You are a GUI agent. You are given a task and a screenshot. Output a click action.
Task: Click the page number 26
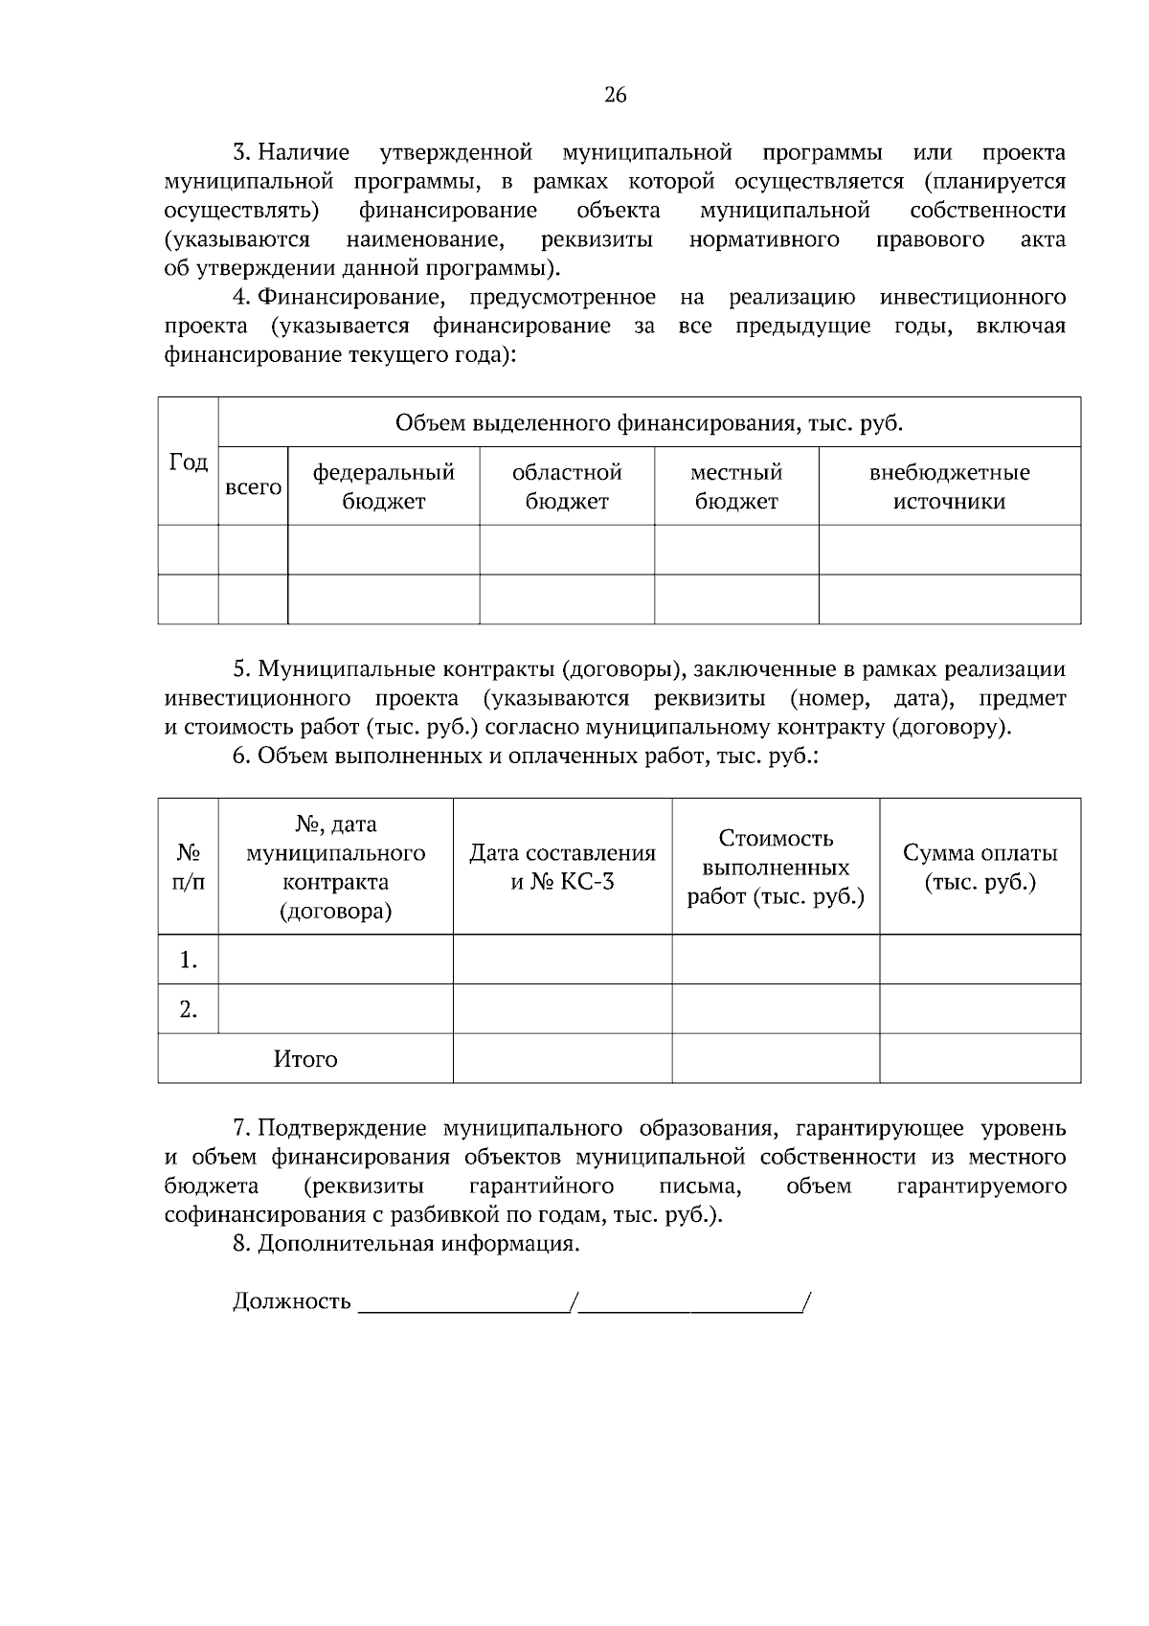pos(615,95)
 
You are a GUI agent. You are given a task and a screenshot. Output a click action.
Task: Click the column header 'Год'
pos(189,463)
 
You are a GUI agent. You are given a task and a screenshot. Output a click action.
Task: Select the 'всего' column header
pos(253,486)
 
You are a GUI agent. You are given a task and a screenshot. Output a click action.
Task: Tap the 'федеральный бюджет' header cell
pos(383,486)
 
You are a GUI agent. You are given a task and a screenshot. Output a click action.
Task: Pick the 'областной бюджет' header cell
pos(567,486)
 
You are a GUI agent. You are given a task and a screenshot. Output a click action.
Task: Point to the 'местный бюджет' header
pos(736,486)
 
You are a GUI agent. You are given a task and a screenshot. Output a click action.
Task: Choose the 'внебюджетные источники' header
pos(949,486)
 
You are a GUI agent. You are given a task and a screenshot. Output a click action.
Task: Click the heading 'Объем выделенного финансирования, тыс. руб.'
pos(649,423)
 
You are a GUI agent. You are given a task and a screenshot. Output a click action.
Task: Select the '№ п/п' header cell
pos(189,867)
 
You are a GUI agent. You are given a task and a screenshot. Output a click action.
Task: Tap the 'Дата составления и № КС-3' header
pos(562,867)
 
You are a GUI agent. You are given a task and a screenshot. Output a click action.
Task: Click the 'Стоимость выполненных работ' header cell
pos(776,867)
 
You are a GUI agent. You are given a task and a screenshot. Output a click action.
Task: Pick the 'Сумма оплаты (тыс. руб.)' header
pos(980,867)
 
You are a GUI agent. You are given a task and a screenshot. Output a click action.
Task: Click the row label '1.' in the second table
pos(189,960)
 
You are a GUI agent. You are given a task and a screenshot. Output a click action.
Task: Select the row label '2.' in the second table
pos(189,1009)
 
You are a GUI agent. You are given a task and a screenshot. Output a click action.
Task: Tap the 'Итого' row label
pos(305,1059)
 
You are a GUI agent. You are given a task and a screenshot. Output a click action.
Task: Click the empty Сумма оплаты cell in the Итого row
pos(980,1059)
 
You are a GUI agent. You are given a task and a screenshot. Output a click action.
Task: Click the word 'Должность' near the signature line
pos(292,1302)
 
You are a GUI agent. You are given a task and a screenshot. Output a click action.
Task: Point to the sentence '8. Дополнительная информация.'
pos(406,1244)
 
